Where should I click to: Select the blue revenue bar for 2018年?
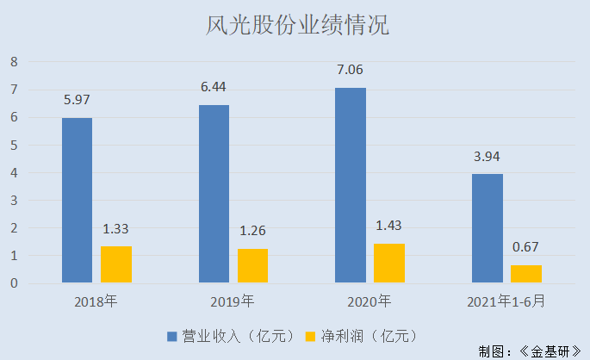(x=77, y=200)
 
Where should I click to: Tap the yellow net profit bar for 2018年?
(x=116, y=264)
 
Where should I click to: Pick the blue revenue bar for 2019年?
(x=214, y=194)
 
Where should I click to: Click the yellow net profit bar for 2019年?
(x=253, y=265)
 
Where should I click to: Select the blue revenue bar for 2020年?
(x=351, y=185)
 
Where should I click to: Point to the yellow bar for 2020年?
(x=389, y=263)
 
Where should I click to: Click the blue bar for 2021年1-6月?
(x=488, y=228)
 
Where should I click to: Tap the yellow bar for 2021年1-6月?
(x=526, y=274)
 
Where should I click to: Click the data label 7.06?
(x=351, y=71)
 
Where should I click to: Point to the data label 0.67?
(x=526, y=248)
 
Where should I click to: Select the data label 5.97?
(x=77, y=100)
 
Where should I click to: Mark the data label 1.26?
(x=253, y=232)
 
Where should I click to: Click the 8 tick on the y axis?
(x=14, y=62)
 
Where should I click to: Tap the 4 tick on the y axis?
(x=14, y=173)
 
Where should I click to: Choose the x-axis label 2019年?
(x=233, y=301)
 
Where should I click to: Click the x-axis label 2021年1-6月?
(x=506, y=301)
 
